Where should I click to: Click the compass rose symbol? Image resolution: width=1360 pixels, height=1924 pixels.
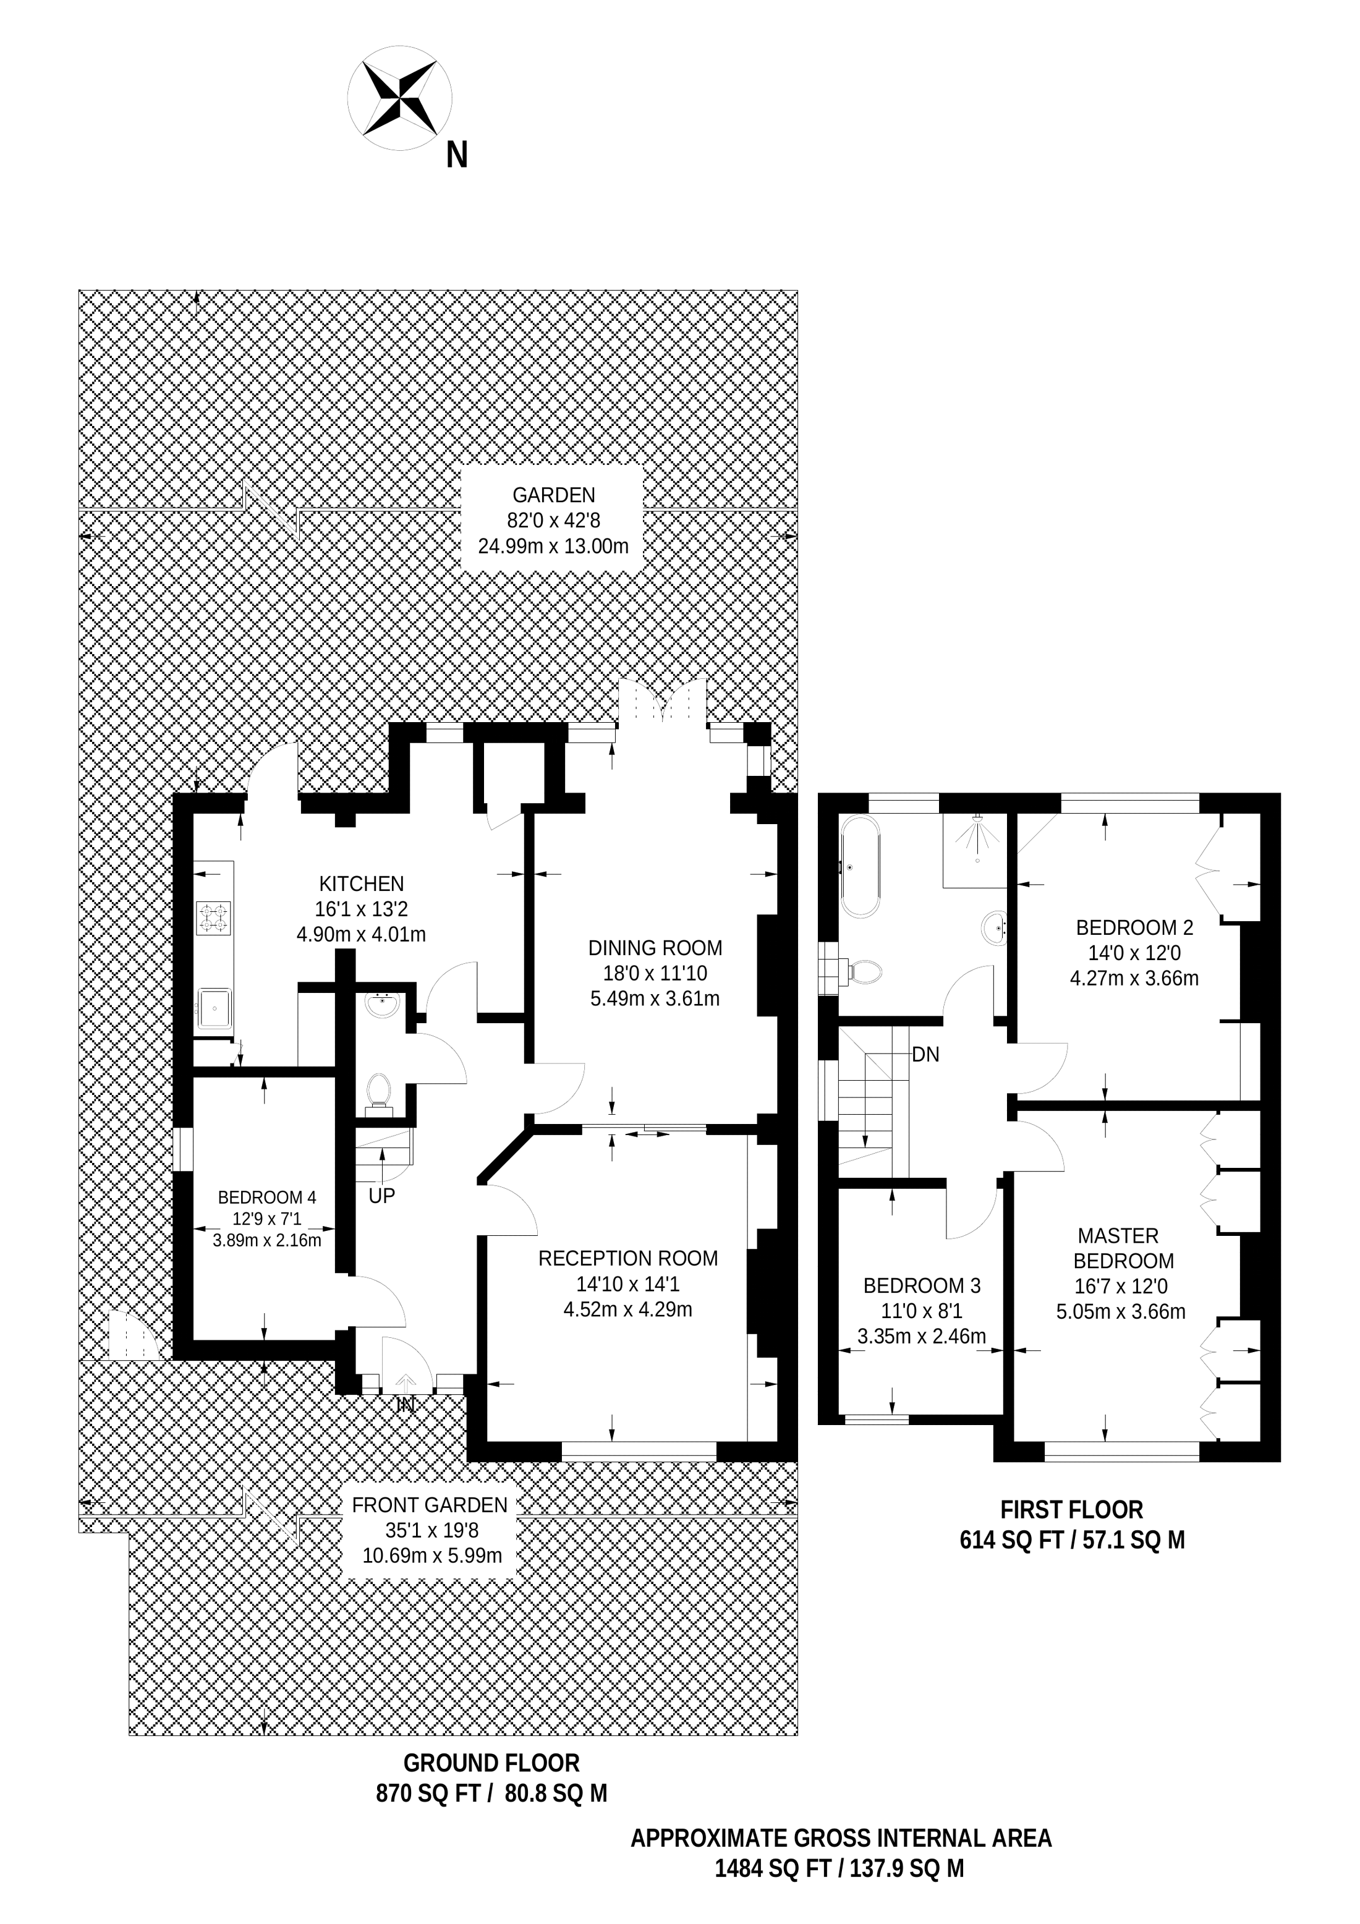(401, 99)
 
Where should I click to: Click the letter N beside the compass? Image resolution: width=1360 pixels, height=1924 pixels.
(457, 155)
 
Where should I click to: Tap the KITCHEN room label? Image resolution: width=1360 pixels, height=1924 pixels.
(361, 883)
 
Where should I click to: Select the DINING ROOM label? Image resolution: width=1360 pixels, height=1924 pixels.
(655, 948)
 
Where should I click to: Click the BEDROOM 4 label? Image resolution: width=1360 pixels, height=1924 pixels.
(266, 1197)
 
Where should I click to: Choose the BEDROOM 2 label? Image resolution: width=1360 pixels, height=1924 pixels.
(1134, 927)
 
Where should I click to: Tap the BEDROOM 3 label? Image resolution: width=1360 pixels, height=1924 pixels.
(922, 1285)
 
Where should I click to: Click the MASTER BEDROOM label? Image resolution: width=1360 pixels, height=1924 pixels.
(1121, 1248)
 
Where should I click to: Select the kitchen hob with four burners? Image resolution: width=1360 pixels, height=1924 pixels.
(213, 917)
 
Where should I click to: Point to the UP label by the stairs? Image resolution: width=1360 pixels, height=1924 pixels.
(381, 1196)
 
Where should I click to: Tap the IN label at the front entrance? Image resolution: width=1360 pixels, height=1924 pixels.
(406, 1403)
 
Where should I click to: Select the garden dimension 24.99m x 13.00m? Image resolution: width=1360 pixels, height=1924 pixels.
(553, 547)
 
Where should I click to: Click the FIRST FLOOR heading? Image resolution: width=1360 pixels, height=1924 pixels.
(1072, 1510)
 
